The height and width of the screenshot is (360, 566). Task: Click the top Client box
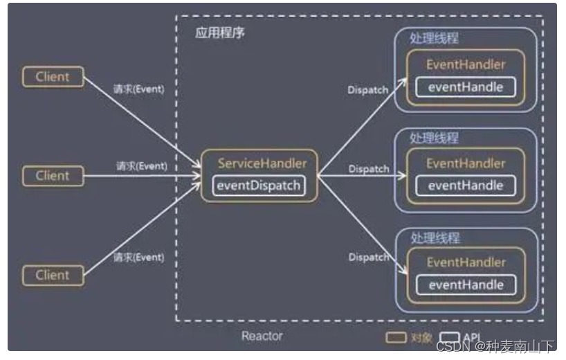(x=53, y=76)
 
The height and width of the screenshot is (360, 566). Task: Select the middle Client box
(x=53, y=175)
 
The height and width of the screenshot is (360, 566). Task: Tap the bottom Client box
(x=53, y=275)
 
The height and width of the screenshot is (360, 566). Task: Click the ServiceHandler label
(x=262, y=163)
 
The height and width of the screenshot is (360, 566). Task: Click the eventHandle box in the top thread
(x=466, y=87)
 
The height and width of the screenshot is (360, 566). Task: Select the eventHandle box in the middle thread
(x=466, y=186)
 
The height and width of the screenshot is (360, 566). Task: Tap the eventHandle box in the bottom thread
(x=466, y=285)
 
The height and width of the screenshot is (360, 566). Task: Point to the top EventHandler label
(x=466, y=65)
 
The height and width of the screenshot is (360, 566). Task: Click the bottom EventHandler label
(x=466, y=262)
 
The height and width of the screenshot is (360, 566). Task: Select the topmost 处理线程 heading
(x=435, y=39)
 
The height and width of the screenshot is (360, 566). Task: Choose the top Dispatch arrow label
(x=367, y=90)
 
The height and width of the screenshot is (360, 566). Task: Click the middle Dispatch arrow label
(x=368, y=168)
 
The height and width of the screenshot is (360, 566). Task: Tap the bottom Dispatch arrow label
(x=368, y=257)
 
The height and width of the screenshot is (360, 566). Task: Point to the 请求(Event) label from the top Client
(x=138, y=89)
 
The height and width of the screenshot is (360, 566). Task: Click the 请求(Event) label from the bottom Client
(x=138, y=257)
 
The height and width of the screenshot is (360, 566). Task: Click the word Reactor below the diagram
(x=262, y=336)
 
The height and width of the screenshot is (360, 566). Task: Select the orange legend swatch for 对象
(x=396, y=338)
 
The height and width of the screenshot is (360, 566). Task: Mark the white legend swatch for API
(x=449, y=338)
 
